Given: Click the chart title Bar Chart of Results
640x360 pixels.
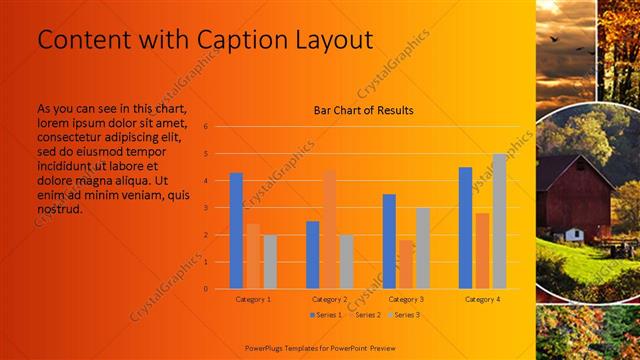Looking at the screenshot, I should pyautogui.click(x=363, y=110).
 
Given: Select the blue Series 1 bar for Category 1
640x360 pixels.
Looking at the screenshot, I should pyautogui.click(x=236, y=231).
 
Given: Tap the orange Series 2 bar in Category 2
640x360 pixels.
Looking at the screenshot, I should pyautogui.click(x=329, y=230).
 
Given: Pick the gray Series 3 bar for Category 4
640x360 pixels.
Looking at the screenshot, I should pyautogui.click(x=499, y=221).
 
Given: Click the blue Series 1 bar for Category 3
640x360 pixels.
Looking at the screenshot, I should pyautogui.click(x=389, y=241).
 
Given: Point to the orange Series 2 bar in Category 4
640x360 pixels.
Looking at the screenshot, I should pyautogui.click(x=482, y=251).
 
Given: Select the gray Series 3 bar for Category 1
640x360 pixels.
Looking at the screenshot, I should pyautogui.click(x=270, y=262).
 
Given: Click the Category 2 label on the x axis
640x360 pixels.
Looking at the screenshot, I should pyautogui.click(x=330, y=299).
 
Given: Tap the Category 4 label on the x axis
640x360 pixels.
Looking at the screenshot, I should pyautogui.click(x=483, y=299).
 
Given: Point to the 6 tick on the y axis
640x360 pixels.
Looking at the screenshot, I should pyautogui.click(x=205, y=127).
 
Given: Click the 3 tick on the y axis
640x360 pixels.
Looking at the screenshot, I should pyautogui.click(x=205, y=208).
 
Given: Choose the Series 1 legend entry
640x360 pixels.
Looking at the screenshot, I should pyautogui.click(x=326, y=315).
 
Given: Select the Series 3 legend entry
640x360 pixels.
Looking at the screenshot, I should pyautogui.click(x=404, y=315).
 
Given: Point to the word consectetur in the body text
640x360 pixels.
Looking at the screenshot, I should pyautogui.click(x=75, y=137).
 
